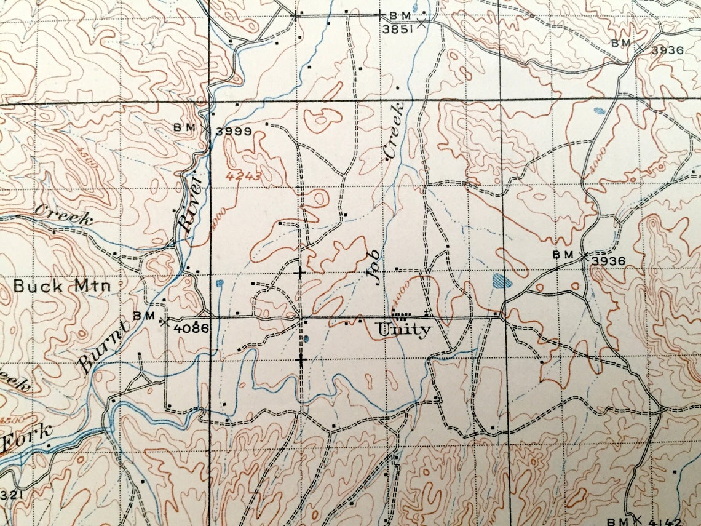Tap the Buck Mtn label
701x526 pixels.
61,286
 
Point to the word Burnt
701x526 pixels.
103,348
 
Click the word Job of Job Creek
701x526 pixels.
374,268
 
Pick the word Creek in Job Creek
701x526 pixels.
394,130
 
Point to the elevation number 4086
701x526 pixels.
191,329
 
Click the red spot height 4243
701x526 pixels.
244,177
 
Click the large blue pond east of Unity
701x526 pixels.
502,282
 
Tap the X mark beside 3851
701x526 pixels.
421,23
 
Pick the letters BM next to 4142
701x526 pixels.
619,521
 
